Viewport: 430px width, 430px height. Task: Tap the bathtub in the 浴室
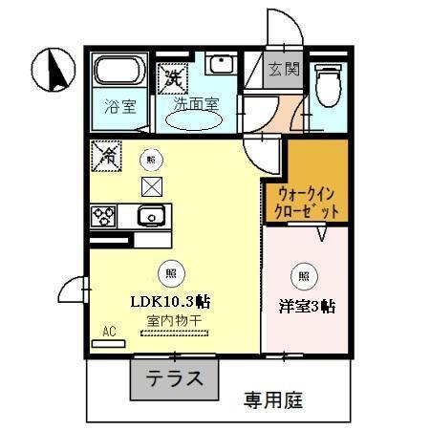point(118,72)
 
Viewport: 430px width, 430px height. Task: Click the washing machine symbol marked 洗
point(172,74)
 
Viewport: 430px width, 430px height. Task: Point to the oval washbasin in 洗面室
point(196,120)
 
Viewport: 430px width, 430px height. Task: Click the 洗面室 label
point(195,101)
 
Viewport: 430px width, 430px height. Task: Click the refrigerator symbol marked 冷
point(104,153)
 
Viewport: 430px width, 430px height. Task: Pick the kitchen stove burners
point(104,216)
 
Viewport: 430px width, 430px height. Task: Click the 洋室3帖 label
point(305,307)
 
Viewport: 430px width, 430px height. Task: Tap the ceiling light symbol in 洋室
point(303,277)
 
